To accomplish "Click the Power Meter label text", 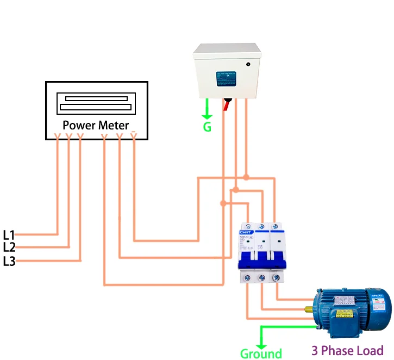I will tap(96, 125).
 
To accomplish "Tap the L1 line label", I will tap(9, 235).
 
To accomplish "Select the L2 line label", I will tap(9, 247).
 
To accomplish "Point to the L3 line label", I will tap(9, 261).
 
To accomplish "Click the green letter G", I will tap(207, 128).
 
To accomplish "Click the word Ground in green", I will tap(261, 354).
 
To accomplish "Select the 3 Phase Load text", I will tap(347, 350).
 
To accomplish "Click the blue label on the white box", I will tap(226, 78).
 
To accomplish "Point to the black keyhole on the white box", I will tap(248, 64).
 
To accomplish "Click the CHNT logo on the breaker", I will tap(244, 233).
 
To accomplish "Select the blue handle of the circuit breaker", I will tap(261, 258).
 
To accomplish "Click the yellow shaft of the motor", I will tap(308, 310).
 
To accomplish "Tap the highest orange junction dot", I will tap(246, 177).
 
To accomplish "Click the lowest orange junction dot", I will tap(223, 203).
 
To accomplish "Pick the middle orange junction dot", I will tap(235, 190).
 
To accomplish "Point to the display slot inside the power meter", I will tap(96, 102).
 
